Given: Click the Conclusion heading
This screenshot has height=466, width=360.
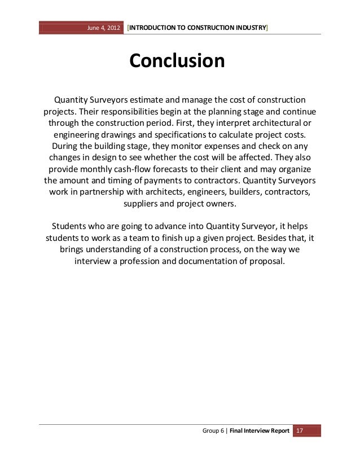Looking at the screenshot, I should tap(177, 61).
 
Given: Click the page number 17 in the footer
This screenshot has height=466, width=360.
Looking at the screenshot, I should tap(300, 432).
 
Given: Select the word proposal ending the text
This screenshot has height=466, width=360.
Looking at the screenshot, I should tap(266, 262).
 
